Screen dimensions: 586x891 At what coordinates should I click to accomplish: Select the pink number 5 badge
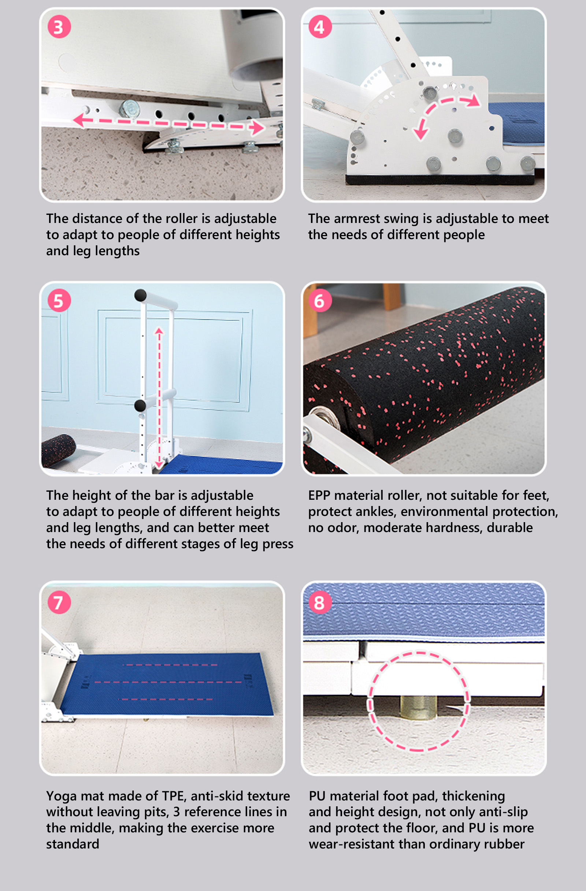pos(59,300)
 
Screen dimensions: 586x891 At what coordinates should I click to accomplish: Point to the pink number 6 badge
pos(320,300)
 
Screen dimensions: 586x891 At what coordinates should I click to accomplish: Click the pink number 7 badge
pos(59,602)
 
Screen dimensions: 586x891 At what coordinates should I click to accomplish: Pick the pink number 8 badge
pos(320,602)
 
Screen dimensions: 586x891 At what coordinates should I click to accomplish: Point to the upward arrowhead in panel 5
pos(159,331)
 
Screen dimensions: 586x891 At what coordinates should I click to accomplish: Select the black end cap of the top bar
pos(140,295)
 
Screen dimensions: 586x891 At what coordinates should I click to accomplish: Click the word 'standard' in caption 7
pos(73,844)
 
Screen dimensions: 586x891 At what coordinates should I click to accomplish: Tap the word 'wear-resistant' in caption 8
pos(351,844)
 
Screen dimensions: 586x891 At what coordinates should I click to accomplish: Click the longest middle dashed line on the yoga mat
pos(168,682)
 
